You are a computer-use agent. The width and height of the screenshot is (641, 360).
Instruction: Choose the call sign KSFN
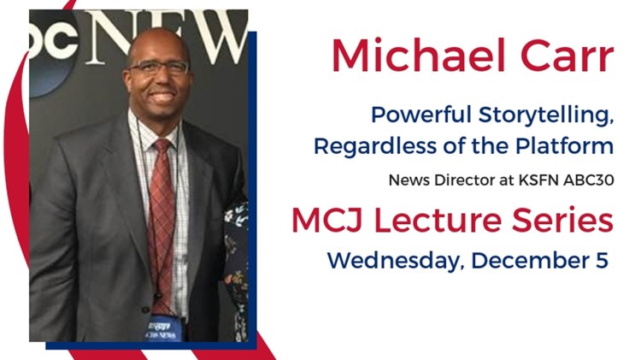537,181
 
